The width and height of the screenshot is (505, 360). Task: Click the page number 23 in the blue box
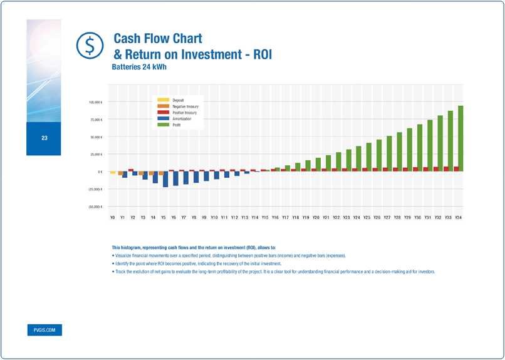point(44,138)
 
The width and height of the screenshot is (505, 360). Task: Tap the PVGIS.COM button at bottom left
point(44,330)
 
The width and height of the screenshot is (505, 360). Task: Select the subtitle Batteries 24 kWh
point(138,66)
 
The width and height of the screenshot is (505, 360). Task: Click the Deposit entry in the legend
point(178,100)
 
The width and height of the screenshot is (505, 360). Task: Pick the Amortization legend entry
point(181,118)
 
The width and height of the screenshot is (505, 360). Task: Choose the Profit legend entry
point(177,124)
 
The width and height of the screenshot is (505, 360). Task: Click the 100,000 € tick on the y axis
point(95,102)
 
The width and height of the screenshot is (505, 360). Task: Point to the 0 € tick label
point(99,172)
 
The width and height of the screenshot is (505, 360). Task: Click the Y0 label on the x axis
point(113,217)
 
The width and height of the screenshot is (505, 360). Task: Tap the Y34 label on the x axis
point(459,217)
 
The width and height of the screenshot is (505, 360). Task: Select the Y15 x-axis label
point(265,217)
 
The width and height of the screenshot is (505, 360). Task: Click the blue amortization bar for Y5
point(165,180)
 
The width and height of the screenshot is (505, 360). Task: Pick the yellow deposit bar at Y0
point(113,173)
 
